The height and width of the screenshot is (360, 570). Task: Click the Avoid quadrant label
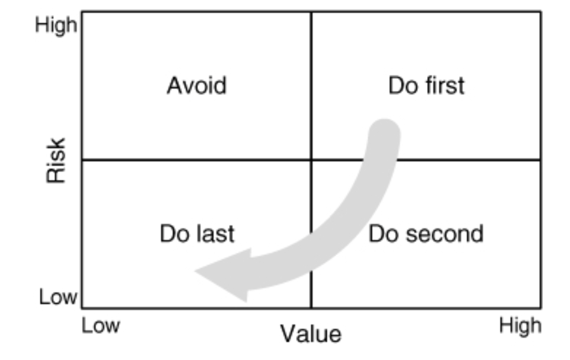pyautogui.click(x=197, y=86)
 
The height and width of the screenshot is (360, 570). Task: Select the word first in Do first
pyautogui.click(x=444, y=86)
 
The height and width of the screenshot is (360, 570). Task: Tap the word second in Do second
pyautogui.click(x=444, y=234)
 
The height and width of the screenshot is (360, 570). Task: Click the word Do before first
pyautogui.click(x=403, y=86)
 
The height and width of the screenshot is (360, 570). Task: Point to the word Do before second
pyautogui.click(x=383, y=234)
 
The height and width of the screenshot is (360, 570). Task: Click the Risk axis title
pyautogui.click(x=56, y=160)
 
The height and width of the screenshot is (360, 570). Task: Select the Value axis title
pyautogui.click(x=311, y=334)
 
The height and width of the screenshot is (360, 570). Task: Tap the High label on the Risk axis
pyautogui.click(x=56, y=26)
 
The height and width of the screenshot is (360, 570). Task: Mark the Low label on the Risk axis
pyautogui.click(x=58, y=297)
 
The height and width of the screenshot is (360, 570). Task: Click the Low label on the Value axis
pyautogui.click(x=101, y=326)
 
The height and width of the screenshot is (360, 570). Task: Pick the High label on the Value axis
pyautogui.click(x=520, y=326)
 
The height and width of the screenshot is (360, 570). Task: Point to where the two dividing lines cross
pyautogui.click(x=311, y=160)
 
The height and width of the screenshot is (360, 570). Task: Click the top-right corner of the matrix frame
pyautogui.click(x=541, y=12)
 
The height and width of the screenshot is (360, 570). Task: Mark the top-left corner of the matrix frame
pyautogui.click(x=82, y=12)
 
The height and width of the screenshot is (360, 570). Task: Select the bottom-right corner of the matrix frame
pyautogui.click(x=541, y=308)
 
